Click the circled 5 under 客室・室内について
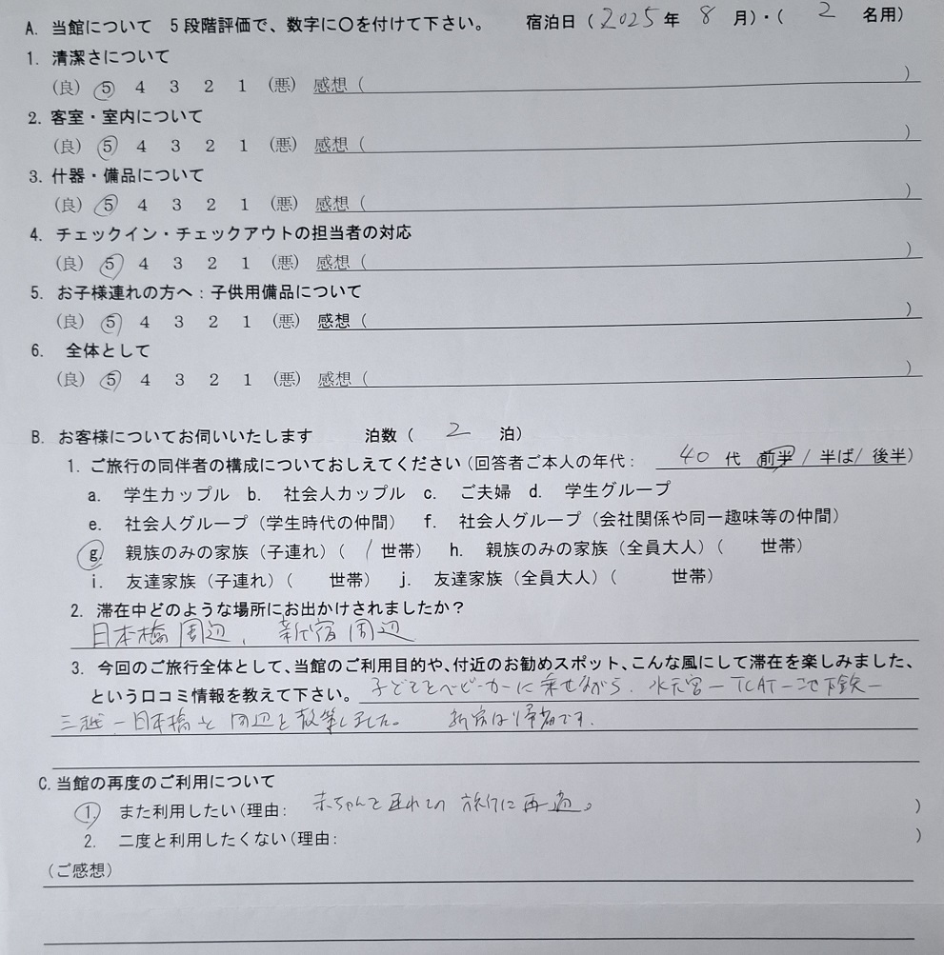tap(108, 147)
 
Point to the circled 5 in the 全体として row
tap(109, 380)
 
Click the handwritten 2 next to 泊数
tap(458, 431)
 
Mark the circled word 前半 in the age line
tap(775, 457)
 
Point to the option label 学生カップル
tap(176, 495)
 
